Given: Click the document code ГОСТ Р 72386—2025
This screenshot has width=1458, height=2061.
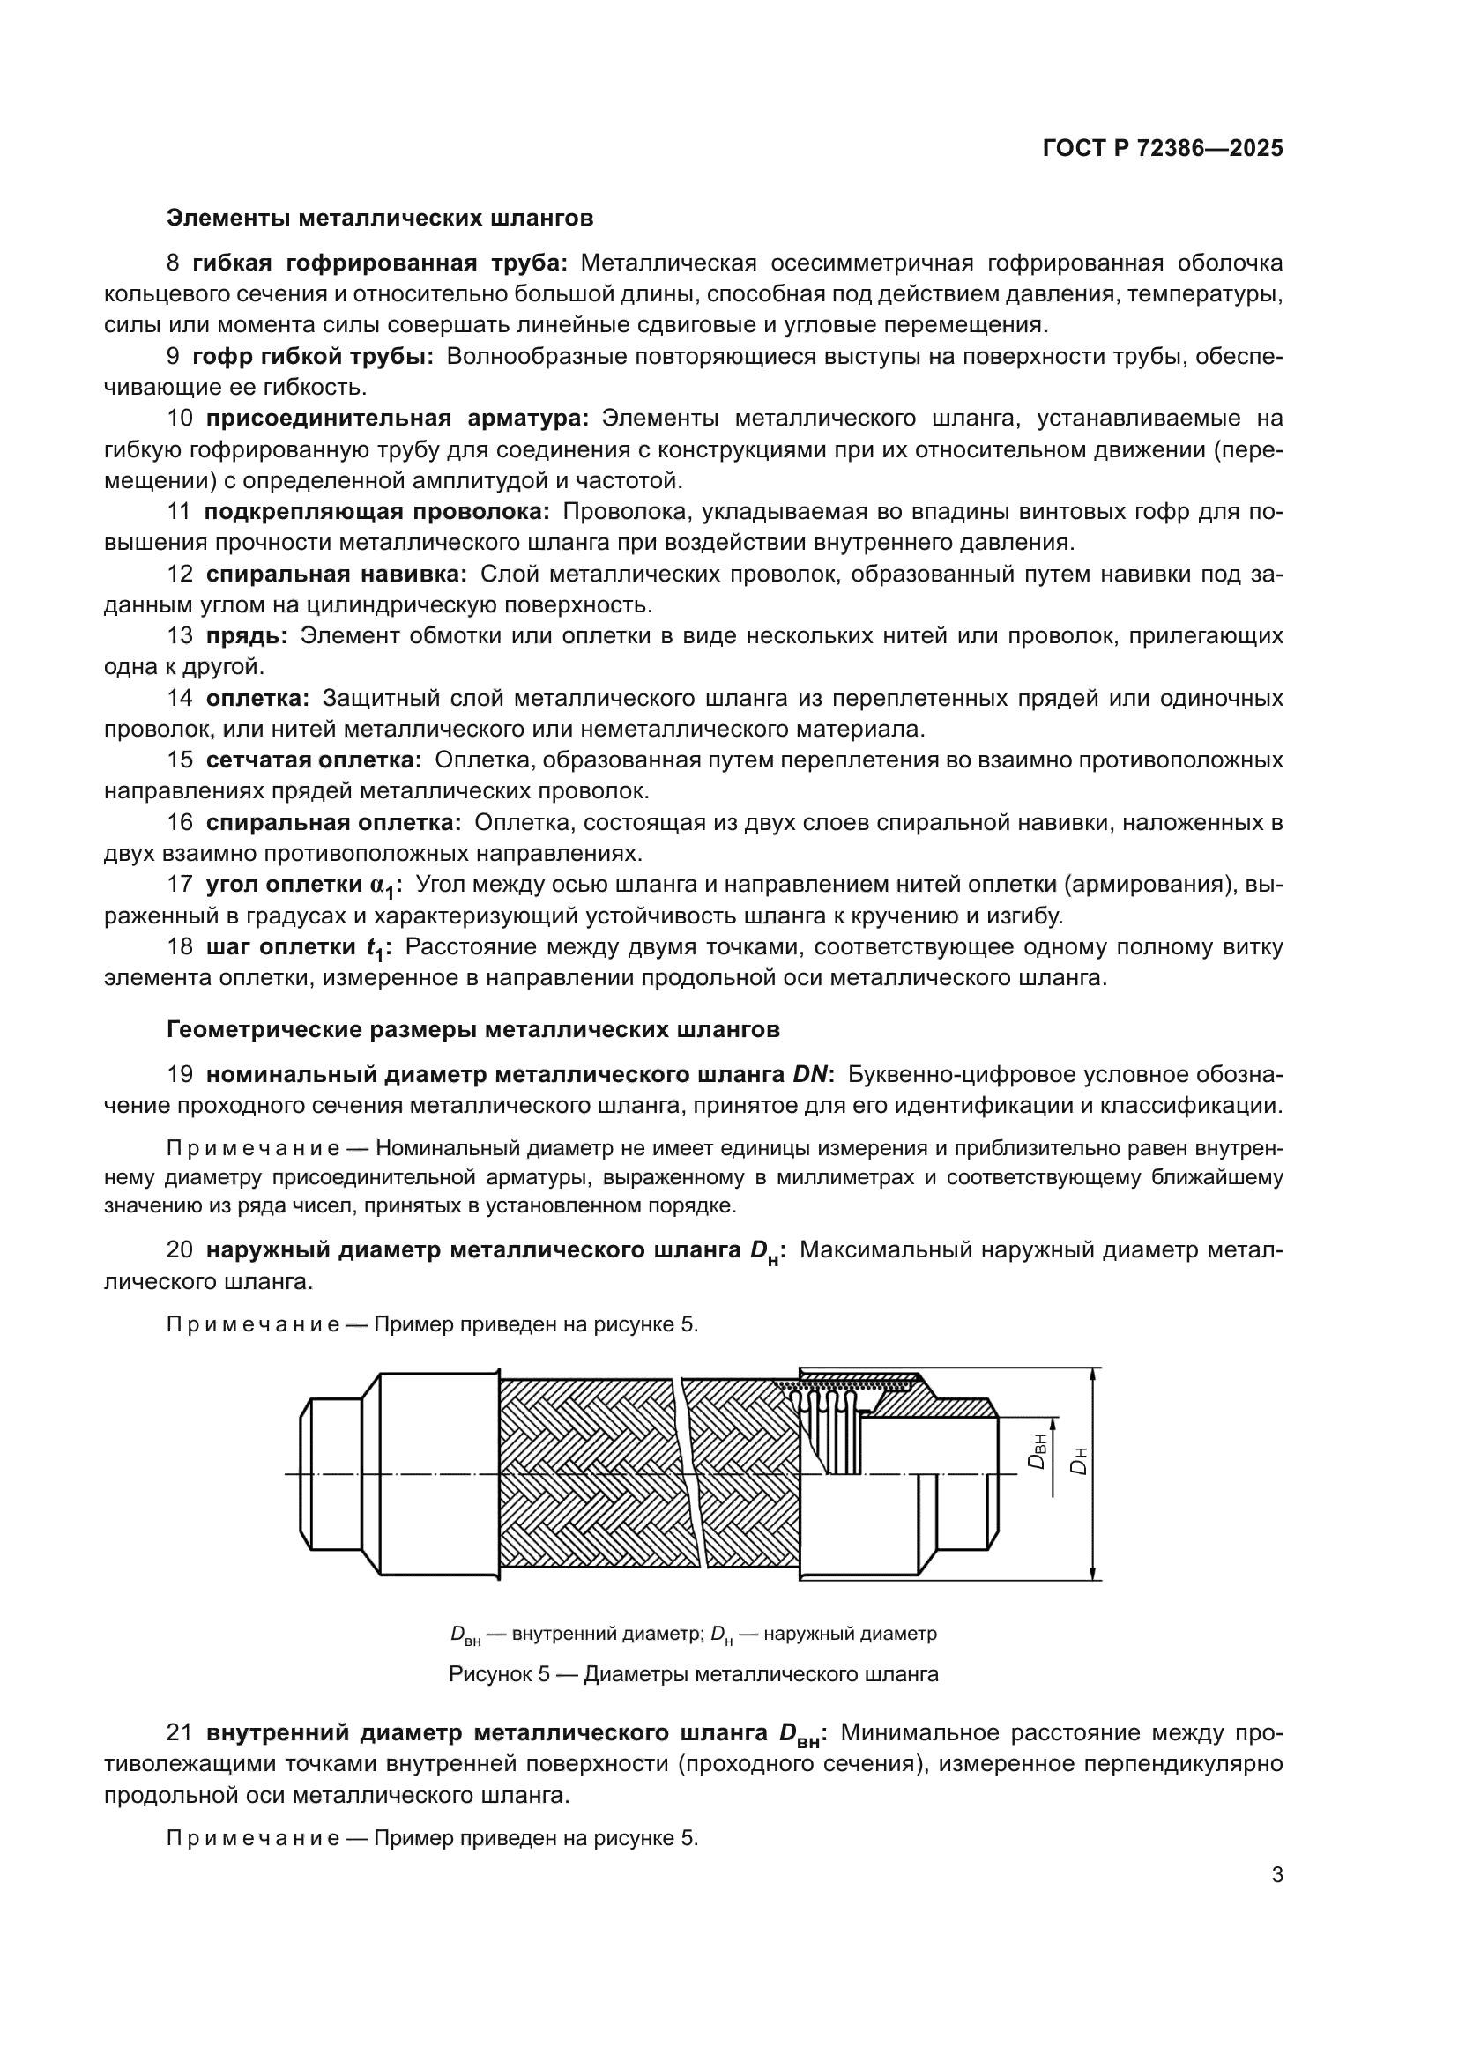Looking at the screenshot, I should [1163, 149].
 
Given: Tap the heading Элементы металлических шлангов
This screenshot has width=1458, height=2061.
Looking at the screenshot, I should [380, 219].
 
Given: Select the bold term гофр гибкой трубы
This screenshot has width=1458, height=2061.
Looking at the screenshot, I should [312, 356].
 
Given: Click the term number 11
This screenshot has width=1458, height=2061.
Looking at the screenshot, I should [179, 512].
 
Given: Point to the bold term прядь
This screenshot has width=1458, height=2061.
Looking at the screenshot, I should [246, 635].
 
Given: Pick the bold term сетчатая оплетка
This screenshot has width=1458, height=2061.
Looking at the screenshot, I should [313, 760].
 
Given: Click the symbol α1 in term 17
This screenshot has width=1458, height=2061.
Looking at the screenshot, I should [382, 886].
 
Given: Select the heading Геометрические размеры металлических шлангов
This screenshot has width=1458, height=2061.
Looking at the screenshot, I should [473, 1029].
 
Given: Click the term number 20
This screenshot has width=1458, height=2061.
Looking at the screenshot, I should [180, 1249].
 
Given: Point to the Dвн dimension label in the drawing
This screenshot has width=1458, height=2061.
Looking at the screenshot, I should [1038, 1451].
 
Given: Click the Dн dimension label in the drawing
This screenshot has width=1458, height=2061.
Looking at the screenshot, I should [1080, 1461].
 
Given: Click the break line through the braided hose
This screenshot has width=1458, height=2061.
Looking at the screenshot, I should [692, 1472].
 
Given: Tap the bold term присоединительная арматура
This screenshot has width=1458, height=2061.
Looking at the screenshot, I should [397, 419].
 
